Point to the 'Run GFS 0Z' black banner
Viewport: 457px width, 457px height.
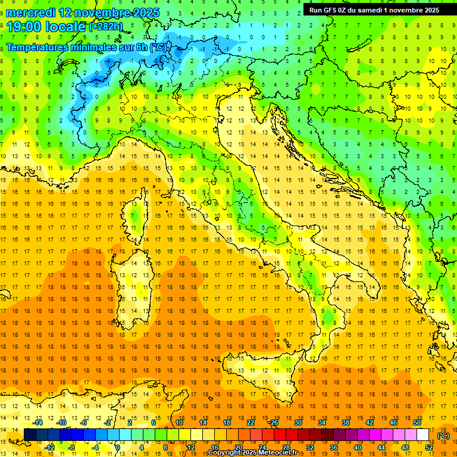coord(371,10)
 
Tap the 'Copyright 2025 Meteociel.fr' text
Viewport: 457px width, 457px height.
coord(256,453)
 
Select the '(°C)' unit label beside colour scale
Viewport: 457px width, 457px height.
coord(443,436)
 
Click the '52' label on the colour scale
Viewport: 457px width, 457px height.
coord(429,447)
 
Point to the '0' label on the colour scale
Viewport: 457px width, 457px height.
coord(118,447)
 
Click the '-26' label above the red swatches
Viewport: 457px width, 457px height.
coord(273,422)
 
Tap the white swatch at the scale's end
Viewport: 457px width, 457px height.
coord(423,435)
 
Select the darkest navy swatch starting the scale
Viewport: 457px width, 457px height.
coord(30,435)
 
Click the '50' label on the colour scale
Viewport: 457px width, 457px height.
coord(417,422)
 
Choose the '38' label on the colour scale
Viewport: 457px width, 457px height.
coord(345,422)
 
